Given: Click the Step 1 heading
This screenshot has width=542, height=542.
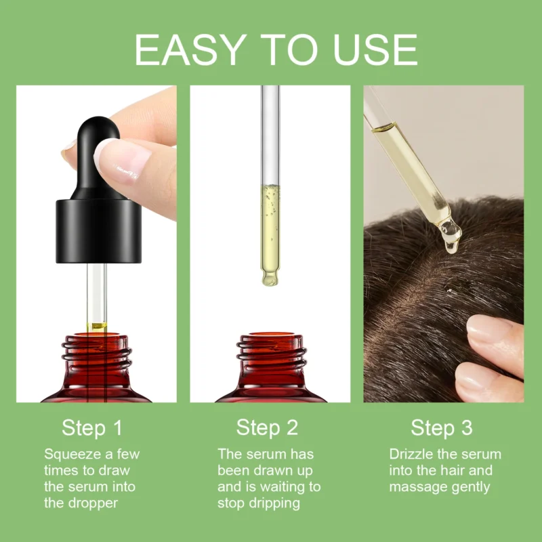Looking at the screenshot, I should tap(93, 428).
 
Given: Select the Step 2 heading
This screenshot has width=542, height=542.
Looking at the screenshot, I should tap(267, 428).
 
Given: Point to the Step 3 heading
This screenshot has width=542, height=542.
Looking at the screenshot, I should tap(441, 428).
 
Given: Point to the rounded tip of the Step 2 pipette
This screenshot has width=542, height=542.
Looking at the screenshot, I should tap(270, 278).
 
